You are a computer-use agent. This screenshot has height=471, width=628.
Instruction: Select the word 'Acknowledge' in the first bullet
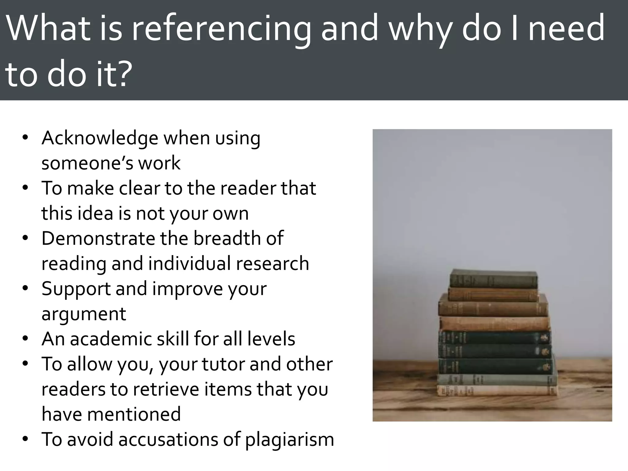[100, 138]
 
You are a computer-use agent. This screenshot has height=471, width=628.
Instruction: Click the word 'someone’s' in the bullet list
[87, 163]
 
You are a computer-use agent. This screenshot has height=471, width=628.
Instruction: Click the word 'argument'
[84, 314]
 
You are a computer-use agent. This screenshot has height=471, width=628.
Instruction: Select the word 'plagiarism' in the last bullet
[289, 439]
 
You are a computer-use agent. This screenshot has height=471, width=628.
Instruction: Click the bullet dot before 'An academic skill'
[25, 339]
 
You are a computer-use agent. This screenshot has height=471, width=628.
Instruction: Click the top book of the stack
[493, 279]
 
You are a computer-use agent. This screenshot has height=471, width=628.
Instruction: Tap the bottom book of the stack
[497, 390]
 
